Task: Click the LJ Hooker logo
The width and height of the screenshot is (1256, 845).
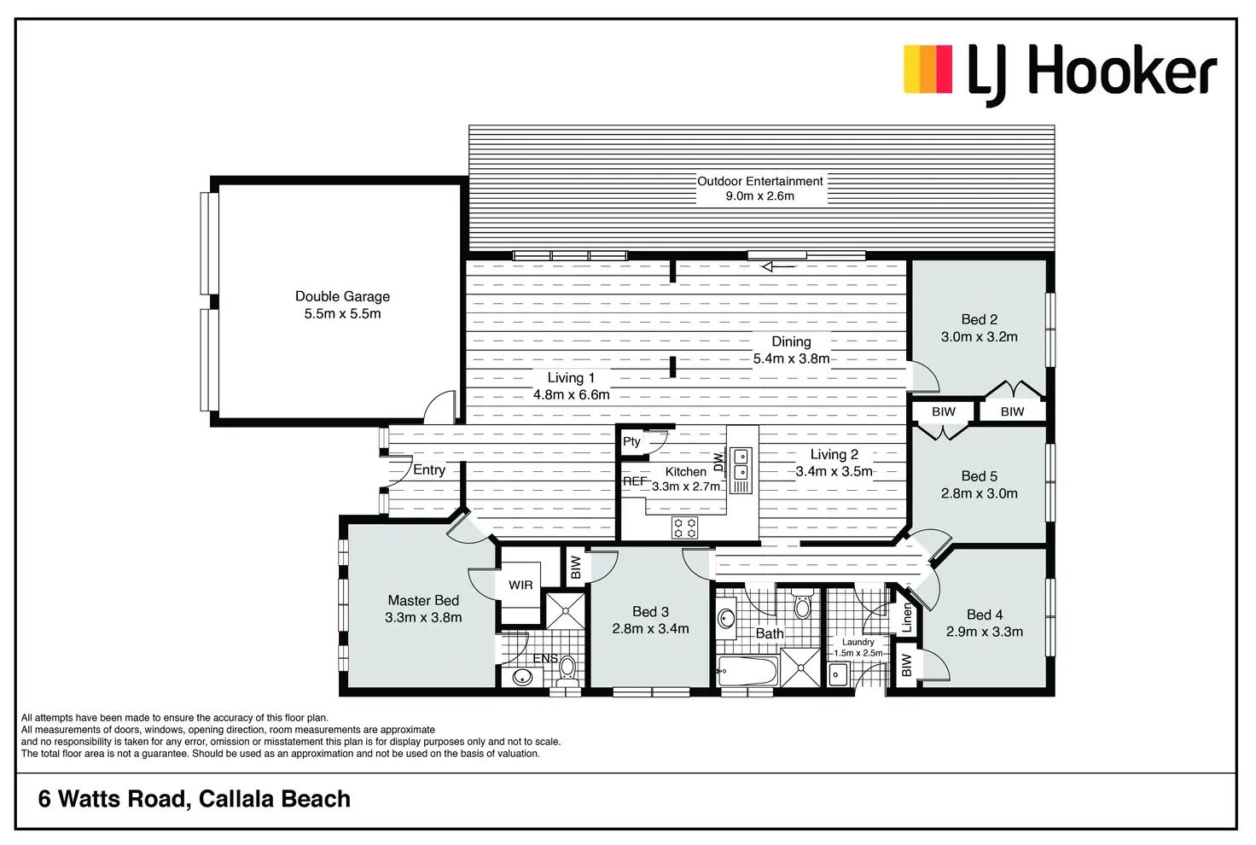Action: [x=1059, y=75]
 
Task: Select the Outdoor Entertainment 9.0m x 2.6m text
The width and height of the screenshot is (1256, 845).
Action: [x=759, y=189]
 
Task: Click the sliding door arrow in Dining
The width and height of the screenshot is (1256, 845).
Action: [x=778, y=267]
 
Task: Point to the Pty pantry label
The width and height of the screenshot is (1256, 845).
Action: [x=631, y=441]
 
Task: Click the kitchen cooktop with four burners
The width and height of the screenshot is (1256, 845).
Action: [x=684, y=527]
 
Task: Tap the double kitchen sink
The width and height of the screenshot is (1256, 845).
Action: [x=740, y=463]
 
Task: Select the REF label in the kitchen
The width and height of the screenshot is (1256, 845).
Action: [x=635, y=481]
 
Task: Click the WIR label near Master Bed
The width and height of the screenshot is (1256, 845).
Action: [x=520, y=585]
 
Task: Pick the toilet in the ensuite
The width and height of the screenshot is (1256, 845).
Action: [x=567, y=671]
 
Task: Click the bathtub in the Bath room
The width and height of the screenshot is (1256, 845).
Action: [x=748, y=671]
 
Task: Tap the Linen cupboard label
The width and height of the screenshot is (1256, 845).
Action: [x=907, y=618]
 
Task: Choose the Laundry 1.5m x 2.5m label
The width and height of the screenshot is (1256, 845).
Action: [x=858, y=647]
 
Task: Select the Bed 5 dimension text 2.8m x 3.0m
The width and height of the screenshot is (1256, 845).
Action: [x=979, y=493]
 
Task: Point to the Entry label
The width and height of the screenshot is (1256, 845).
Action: [x=429, y=470]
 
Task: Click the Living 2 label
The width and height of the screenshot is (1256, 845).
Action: [x=834, y=454]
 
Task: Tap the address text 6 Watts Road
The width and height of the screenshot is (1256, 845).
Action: [x=112, y=799]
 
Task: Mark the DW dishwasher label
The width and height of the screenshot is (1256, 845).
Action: [x=718, y=462]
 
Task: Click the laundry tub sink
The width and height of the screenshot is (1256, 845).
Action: [x=838, y=673]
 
